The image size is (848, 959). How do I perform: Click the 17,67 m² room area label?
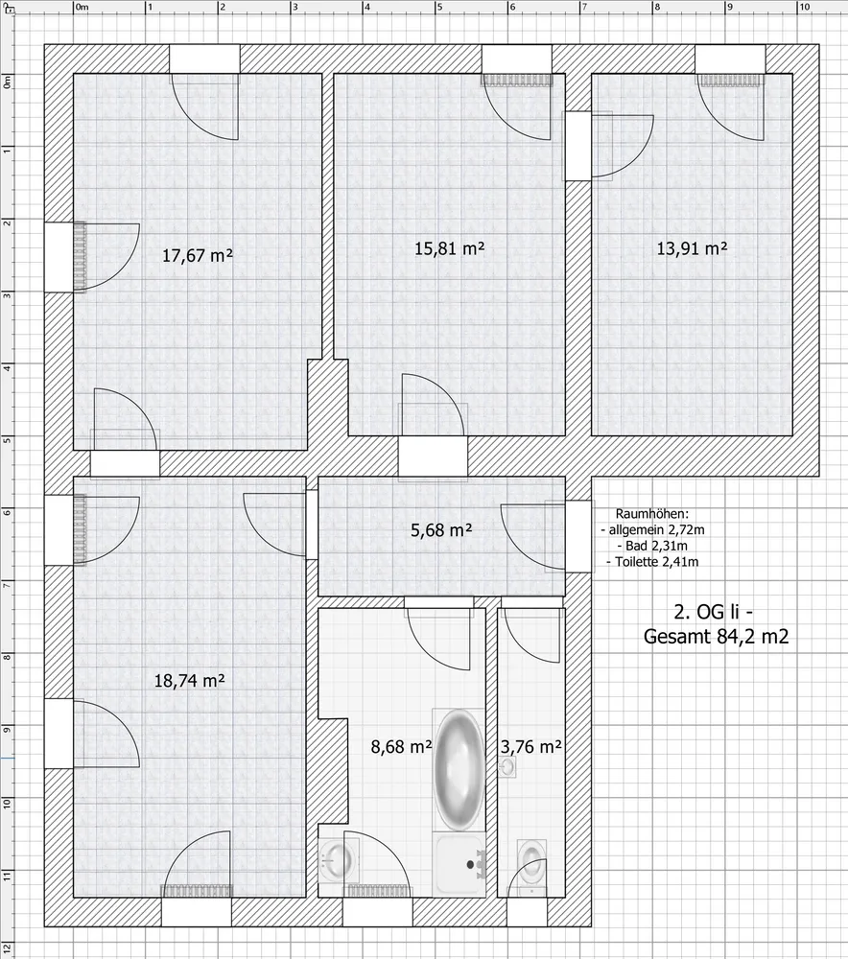click(x=197, y=255)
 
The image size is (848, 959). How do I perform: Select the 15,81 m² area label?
click(x=450, y=248)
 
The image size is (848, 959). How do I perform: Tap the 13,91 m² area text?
click(x=692, y=248)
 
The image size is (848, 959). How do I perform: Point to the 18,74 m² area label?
click(x=189, y=680)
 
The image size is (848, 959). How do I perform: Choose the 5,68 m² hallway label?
click(x=441, y=529)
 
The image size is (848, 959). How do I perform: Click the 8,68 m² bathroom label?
click(x=401, y=746)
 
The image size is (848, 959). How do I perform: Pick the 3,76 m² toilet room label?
click(x=531, y=746)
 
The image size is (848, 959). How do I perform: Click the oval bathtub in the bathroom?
click(x=459, y=770)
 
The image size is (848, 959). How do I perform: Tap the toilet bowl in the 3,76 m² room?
click(x=530, y=861)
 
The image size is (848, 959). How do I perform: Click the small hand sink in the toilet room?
click(x=507, y=767)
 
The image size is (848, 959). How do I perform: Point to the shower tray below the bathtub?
click(x=459, y=864)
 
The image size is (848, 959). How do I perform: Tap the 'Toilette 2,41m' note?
click(x=652, y=561)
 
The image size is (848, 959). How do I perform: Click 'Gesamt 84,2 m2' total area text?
click(x=716, y=636)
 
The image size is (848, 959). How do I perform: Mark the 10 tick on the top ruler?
click(x=797, y=7)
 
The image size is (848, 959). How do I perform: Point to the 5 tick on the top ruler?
click(x=436, y=7)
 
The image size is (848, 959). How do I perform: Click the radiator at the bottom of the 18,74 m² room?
click(x=197, y=891)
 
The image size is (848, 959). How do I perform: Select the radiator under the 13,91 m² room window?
click(x=731, y=81)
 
